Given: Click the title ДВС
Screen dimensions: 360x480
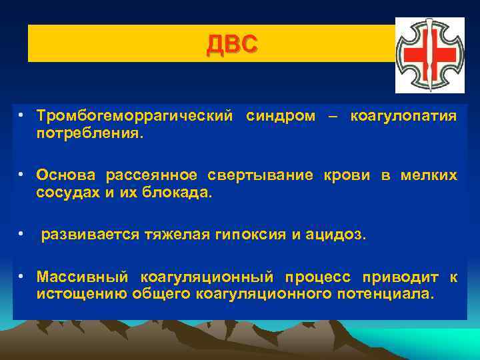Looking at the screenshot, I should click(231, 45).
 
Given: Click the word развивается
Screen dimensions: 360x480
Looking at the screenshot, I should click(90, 235).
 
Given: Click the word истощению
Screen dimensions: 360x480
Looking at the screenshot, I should click(79, 294).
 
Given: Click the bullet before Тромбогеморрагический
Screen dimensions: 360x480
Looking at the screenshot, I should click(22, 116).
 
